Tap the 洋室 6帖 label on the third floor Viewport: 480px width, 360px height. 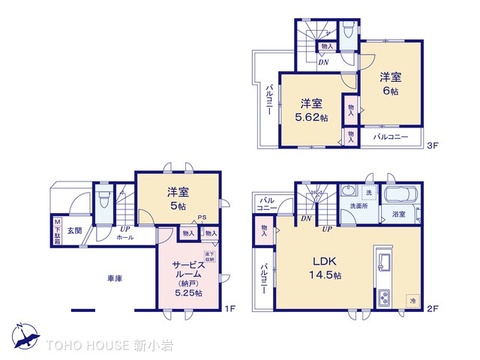tap(389, 82)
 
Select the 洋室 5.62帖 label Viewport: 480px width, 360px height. tap(311, 108)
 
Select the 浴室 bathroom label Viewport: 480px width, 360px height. tap(398, 214)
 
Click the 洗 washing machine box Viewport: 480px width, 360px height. tap(369, 192)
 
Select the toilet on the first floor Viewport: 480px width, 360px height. tap(103, 200)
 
